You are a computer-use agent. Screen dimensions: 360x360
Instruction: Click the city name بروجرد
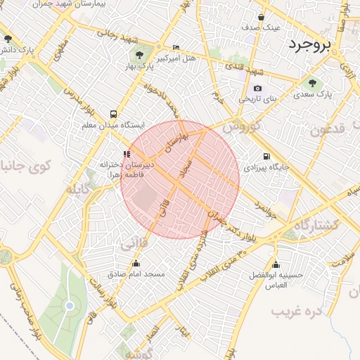click(x=308, y=44)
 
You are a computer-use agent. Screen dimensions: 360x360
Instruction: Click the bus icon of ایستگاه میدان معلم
click(x=113, y=113)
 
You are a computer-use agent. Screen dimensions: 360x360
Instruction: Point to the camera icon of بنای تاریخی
click(x=257, y=88)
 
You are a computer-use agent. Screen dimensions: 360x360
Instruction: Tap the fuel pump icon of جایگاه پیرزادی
click(x=266, y=156)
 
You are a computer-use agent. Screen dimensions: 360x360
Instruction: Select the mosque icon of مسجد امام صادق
click(x=136, y=264)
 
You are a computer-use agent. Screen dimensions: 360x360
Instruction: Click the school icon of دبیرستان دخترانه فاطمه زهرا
click(x=127, y=154)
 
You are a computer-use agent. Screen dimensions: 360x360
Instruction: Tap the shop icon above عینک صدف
click(x=261, y=17)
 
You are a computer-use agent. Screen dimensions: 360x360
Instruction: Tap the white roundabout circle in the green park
click(x=70, y=305)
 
